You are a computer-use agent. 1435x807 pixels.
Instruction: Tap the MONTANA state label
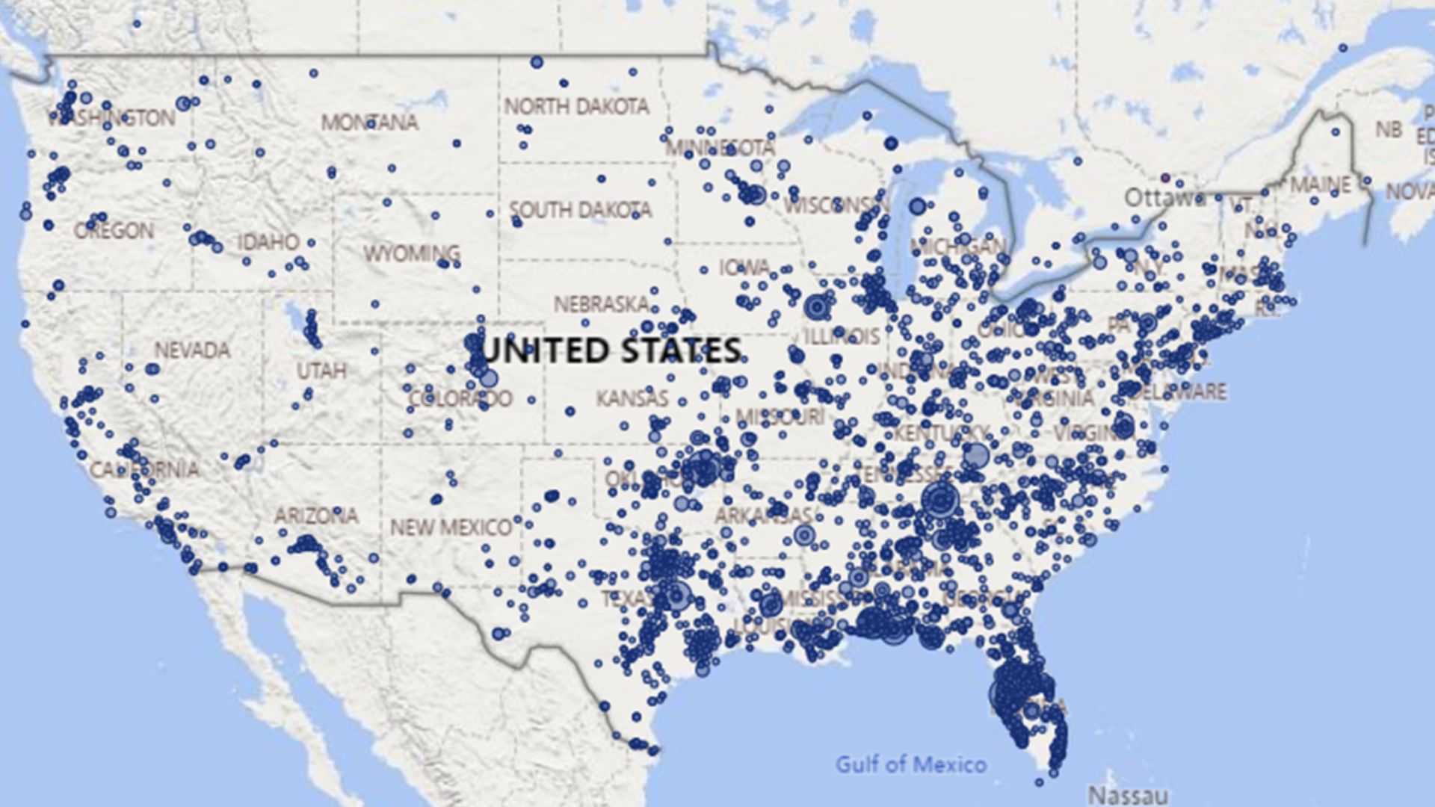[x=369, y=122]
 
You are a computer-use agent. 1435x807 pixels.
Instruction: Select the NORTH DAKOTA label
[x=576, y=107]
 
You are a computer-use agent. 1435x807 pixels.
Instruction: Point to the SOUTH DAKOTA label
[x=580, y=210]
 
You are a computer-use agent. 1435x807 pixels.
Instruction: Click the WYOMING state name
[x=411, y=254]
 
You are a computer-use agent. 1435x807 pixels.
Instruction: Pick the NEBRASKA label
[x=601, y=304]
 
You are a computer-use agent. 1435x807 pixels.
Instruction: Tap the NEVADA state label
[x=192, y=350]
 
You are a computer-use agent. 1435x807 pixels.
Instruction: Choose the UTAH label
[x=321, y=371]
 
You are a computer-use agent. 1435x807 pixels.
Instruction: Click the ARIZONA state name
[x=315, y=516]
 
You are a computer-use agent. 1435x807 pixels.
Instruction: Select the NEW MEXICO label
[x=451, y=528]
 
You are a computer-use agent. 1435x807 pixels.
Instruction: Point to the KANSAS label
[x=632, y=398]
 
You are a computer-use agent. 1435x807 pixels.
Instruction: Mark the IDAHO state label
[x=268, y=242]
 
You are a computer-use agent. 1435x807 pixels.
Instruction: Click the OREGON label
[x=114, y=231]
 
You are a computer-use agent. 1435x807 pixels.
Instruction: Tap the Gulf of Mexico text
[x=910, y=764]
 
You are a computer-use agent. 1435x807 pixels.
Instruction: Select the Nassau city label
[x=1127, y=794]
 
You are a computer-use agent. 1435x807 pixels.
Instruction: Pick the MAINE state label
[x=1321, y=185]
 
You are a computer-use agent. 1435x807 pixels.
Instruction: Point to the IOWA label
[x=744, y=268]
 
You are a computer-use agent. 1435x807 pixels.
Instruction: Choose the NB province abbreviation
[x=1389, y=130]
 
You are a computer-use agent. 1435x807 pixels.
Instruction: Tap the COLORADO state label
[x=460, y=398]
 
